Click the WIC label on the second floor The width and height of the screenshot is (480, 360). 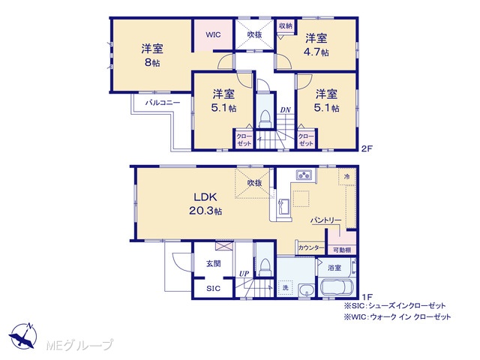tap(213, 34)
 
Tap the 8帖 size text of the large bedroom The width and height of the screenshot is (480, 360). tap(152, 63)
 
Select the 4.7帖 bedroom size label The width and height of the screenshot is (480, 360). tap(316, 52)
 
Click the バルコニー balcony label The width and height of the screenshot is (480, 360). tap(162, 103)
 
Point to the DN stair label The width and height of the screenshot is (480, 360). tap(286, 110)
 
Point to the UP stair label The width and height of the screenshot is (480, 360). tap(244, 274)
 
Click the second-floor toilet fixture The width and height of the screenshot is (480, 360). tap(265, 118)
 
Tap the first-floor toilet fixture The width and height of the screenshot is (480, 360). tap(265, 267)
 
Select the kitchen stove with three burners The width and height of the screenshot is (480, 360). tap(304, 175)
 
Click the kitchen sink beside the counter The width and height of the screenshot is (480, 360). tap(283, 208)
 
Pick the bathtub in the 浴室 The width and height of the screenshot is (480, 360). tap(337, 287)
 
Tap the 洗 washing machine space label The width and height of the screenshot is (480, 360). tap(285, 288)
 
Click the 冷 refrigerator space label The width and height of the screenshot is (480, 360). tap(346, 177)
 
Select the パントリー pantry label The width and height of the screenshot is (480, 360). tap(325, 220)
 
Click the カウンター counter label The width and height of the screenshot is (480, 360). tap(311, 247)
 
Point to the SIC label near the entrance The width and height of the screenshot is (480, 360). tap(213, 288)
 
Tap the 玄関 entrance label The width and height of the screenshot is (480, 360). tap(213, 263)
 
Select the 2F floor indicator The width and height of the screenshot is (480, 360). tap(367, 148)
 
